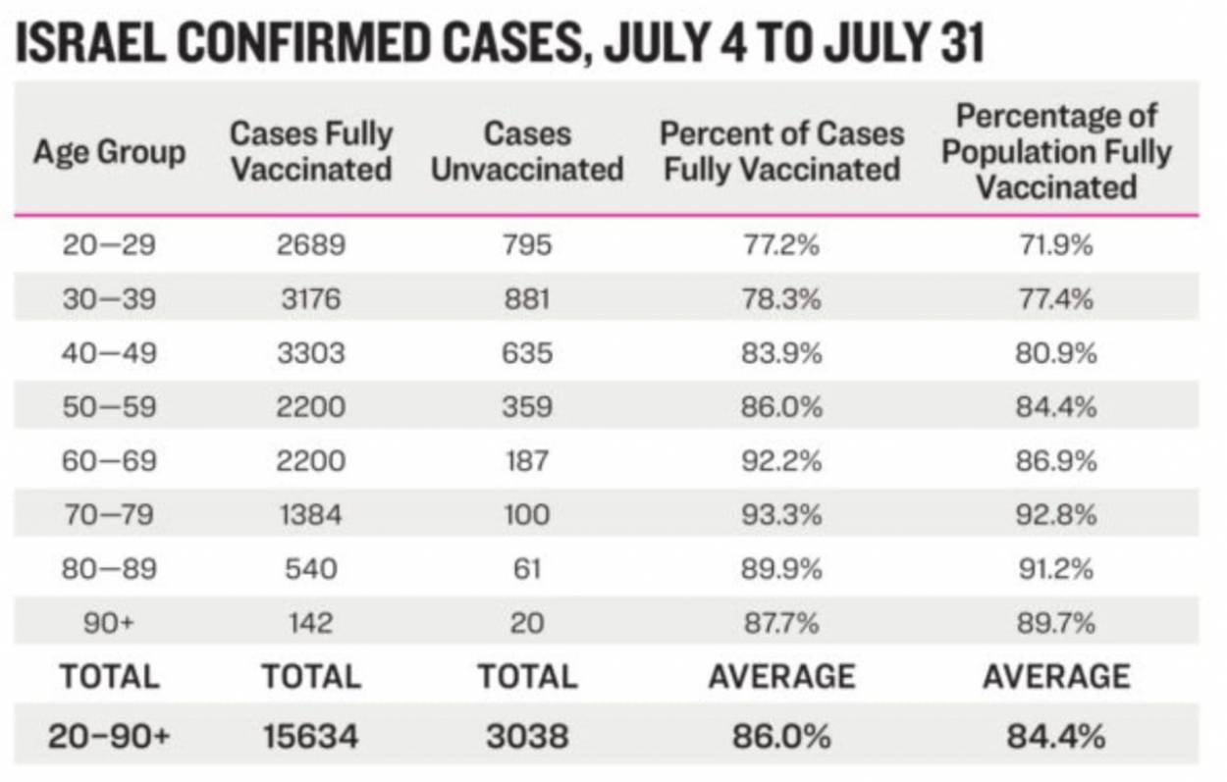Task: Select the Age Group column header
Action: pyautogui.click(x=109, y=151)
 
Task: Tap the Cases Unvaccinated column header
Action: pyautogui.click(x=527, y=151)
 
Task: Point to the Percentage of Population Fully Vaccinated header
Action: pyautogui.click(x=1057, y=151)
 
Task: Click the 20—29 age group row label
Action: pyautogui.click(x=109, y=244)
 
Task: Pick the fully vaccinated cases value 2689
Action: pyautogui.click(x=311, y=244)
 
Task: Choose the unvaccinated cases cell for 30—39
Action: pyautogui.click(x=527, y=298)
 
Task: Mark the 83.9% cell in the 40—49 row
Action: pyautogui.click(x=781, y=352)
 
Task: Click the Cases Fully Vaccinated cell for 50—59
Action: pyautogui.click(x=311, y=406)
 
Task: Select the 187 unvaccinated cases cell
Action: pyautogui.click(x=527, y=460)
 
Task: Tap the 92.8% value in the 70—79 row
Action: pyautogui.click(x=1056, y=514)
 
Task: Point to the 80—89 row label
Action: pyautogui.click(x=109, y=568)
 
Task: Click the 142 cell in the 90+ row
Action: pyautogui.click(x=311, y=622)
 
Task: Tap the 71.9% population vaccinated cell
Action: pyautogui.click(x=1056, y=244)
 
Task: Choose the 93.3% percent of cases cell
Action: pyautogui.click(x=781, y=514)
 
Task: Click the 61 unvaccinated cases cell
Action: pyautogui.click(x=527, y=568)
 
